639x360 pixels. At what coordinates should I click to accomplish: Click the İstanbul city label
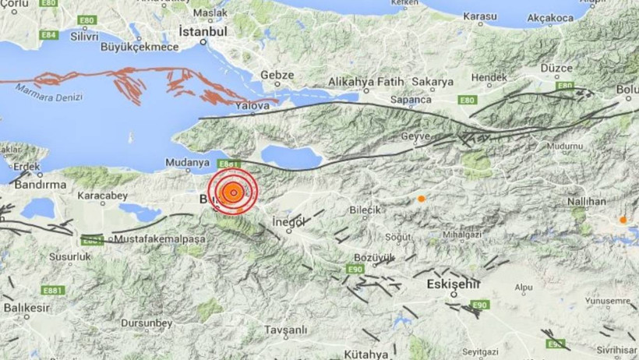[203, 32]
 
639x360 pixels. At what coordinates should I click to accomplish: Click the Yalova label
[255, 104]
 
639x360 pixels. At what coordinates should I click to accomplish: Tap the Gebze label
[277, 76]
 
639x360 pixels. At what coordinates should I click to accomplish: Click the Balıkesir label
[26, 308]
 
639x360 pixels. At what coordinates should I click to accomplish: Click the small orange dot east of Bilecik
[421, 199]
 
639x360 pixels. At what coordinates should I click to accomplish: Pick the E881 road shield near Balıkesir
[53, 291]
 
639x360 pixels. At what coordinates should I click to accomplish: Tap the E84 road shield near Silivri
[49, 35]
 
